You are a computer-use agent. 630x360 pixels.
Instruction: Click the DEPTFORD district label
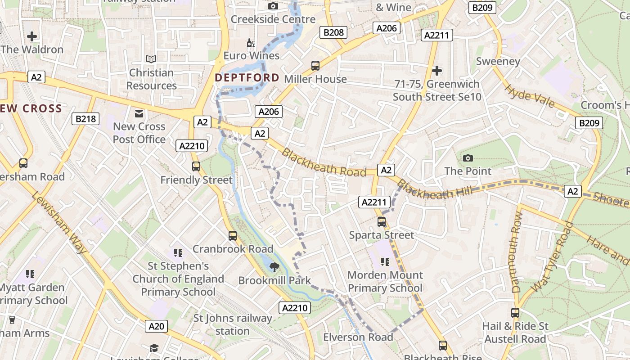(x=247, y=77)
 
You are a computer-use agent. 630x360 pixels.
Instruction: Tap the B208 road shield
(x=333, y=32)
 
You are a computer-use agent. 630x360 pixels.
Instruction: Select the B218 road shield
(x=85, y=119)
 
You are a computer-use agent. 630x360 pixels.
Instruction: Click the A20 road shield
(x=157, y=326)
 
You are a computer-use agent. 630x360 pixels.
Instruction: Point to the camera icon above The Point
(x=468, y=158)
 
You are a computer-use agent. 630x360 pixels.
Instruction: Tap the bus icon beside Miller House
(x=315, y=66)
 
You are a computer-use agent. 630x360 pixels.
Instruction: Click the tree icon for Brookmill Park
(x=274, y=267)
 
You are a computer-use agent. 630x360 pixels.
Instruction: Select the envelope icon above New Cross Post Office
(x=139, y=114)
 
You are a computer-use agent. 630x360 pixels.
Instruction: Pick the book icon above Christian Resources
(x=151, y=59)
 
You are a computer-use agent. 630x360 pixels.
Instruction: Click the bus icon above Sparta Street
(x=382, y=222)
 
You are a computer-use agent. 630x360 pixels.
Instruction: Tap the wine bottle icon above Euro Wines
(x=251, y=43)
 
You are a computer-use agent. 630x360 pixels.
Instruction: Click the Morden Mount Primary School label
(x=385, y=281)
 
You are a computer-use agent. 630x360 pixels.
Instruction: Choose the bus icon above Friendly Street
(x=196, y=166)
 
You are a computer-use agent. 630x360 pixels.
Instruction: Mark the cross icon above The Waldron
(x=32, y=36)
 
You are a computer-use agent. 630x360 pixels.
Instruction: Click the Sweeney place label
(x=498, y=61)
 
